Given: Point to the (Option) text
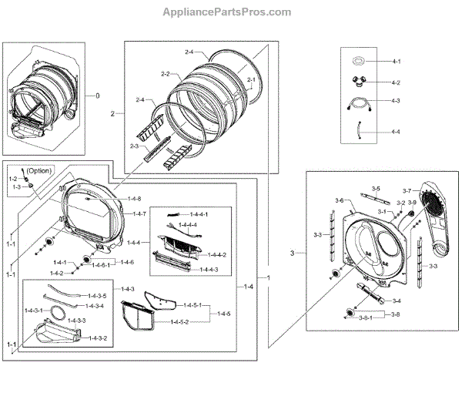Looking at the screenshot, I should point(39,170).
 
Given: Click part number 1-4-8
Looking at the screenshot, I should point(136,199).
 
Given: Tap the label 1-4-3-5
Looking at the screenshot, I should point(96,295).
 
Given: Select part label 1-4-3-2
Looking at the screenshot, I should point(95,338).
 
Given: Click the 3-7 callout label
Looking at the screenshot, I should point(407,189).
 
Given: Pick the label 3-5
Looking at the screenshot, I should point(376,189).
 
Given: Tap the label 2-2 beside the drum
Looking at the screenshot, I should point(165,74).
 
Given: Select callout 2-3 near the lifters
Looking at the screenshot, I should point(134,146).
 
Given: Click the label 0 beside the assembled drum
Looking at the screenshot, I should point(98,96).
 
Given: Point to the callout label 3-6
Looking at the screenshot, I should point(339,200).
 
